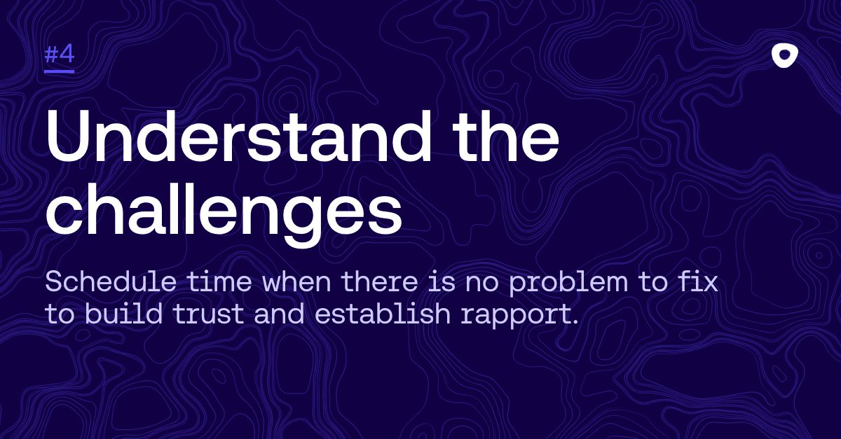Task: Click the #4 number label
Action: click(x=60, y=55)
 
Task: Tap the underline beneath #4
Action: click(x=60, y=71)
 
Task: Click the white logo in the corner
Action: click(x=785, y=56)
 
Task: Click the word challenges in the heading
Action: click(x=224, y=212)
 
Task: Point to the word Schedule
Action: click(x=111, y=281)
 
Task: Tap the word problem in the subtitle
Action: click(x=568, y=284)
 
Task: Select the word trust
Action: click(x=209, y=314)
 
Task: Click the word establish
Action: click(x=382, y=313)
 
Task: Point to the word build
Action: click(x=123, y=313)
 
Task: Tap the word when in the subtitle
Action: click(x=296, y=281)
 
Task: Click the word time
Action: click(x=219, y=281)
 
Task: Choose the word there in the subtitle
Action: click(x=379, y=281)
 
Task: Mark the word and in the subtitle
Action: click(x=280, y=313)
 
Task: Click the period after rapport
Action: click(x=575, y=321)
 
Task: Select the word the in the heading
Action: click(x=506, y=137)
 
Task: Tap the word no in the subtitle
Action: click(x=482, y=284)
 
